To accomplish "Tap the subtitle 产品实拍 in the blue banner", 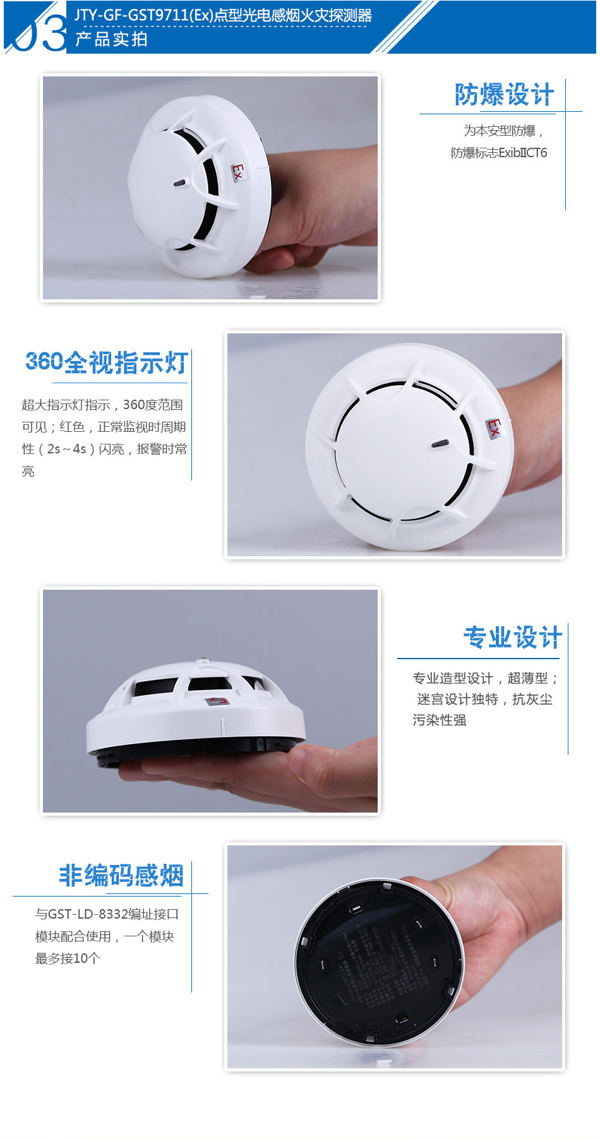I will (111, 39).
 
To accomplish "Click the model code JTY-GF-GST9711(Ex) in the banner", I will (144, 15).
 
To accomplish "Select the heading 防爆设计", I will (504, 95).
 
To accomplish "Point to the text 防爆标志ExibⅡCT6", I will (498, 153).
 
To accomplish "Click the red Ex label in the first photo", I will (237, 171).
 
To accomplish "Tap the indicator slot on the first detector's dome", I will (180, 184).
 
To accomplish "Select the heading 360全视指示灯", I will (107, 363).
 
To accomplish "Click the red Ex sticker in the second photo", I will (494, 427).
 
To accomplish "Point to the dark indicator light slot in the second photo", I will (440, 444).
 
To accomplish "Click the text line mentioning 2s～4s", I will (104, 449).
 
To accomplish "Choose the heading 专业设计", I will (512, 638).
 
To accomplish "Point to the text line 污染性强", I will (439, 720).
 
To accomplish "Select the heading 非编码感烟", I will (121, 876).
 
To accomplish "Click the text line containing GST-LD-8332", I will (107, 914).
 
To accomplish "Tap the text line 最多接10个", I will (68, 958).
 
